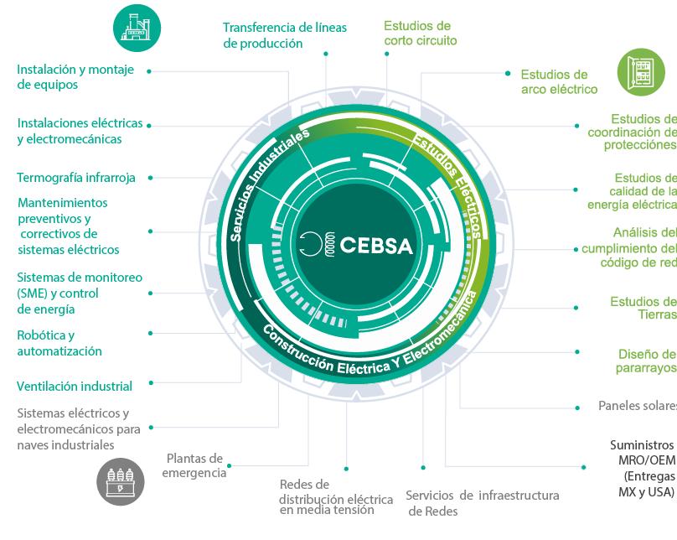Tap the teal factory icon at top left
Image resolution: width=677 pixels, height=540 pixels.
click(x=137, y=28)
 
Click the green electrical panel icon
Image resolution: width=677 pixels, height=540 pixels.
click(x=641, y=72)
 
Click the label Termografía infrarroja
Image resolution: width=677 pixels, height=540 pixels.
click(x=75, y=178)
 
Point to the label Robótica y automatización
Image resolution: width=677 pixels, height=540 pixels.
click(x=59, y=343)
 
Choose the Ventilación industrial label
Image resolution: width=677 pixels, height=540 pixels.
click(x=75, y=387)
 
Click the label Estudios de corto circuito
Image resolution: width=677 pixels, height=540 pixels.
click(x=421, y=34)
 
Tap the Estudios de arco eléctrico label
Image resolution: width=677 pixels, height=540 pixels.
click(x=559, y=82)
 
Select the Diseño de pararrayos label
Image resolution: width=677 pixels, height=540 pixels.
click(x=646, y=361)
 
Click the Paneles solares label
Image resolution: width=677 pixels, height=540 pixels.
click(x=637, y=406)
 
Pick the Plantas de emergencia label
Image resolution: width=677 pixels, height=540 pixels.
click(x=194, y=465)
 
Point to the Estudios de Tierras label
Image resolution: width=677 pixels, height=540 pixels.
click(x=643, y=308)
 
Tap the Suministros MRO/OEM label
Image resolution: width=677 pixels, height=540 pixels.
click(x=642, y=468)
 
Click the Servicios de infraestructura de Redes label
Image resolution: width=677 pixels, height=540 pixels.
click(x=482, y=503)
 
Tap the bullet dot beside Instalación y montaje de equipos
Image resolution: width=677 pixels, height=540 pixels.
click(x=149, y=72)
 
